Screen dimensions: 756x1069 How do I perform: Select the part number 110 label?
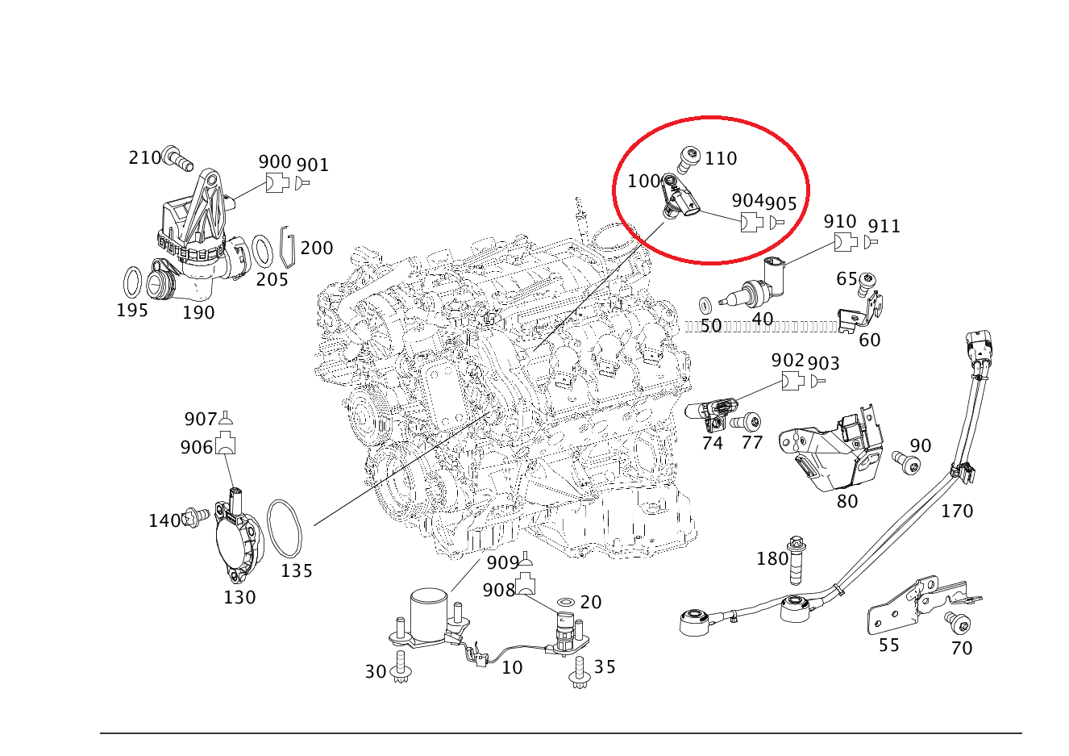tap(721, 158)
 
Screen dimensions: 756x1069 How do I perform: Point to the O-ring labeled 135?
tap(284, 528)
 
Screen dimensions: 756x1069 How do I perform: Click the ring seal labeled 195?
tap(133, 282)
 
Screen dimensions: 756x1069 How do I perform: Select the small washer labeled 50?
tap(705, 304)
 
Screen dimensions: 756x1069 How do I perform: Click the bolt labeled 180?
tap(797, 560)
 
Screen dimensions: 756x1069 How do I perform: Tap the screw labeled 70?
tap(958, 623)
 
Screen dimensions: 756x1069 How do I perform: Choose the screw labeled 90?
tap(906, 462)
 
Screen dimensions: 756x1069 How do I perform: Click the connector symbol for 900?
tap(277, 183)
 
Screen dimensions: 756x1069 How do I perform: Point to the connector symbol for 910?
tap(845, 241)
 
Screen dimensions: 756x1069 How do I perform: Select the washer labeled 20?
tap(567, 603)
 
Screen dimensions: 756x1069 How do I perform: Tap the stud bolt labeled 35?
tap(580, 671)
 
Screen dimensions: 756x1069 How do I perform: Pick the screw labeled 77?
tap(747, 421)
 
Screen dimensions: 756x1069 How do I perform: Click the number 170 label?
tap(957, 511)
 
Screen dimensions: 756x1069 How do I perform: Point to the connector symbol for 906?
tap(226, 443)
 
